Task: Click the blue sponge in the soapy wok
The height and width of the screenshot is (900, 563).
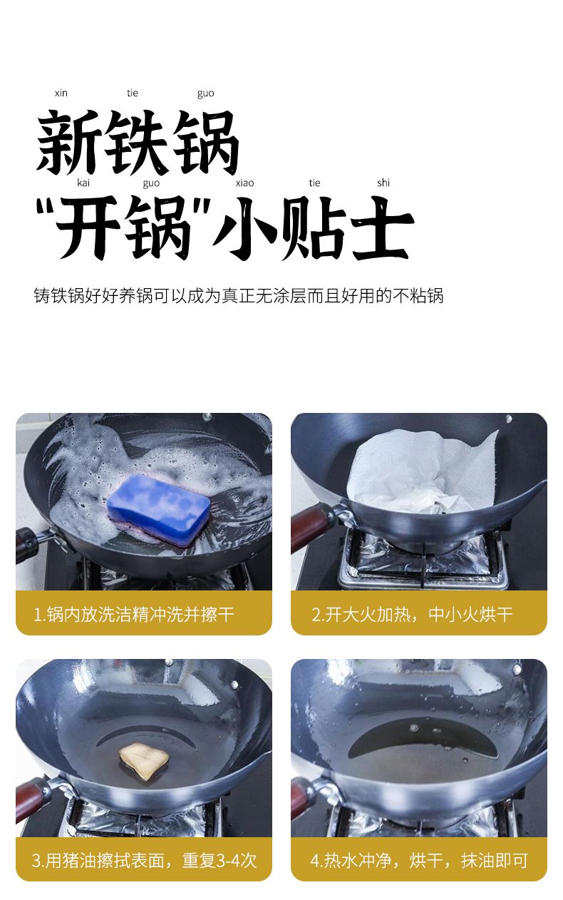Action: point(159,505)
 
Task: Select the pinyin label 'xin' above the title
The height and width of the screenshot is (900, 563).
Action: point(61,93)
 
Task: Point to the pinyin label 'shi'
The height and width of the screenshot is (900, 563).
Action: point(383,183)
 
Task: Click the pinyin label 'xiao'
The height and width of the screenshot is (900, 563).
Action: point(244,183)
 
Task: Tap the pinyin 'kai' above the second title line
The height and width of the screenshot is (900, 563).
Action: point(83,183)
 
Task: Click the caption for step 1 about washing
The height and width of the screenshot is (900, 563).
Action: point(133,614)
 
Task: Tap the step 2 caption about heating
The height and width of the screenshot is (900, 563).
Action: point(412,614)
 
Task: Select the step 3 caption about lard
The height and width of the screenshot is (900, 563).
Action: point(144,860)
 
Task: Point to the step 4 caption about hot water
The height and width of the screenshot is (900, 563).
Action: point(419,860)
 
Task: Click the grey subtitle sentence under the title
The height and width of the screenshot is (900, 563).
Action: point(239,296)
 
